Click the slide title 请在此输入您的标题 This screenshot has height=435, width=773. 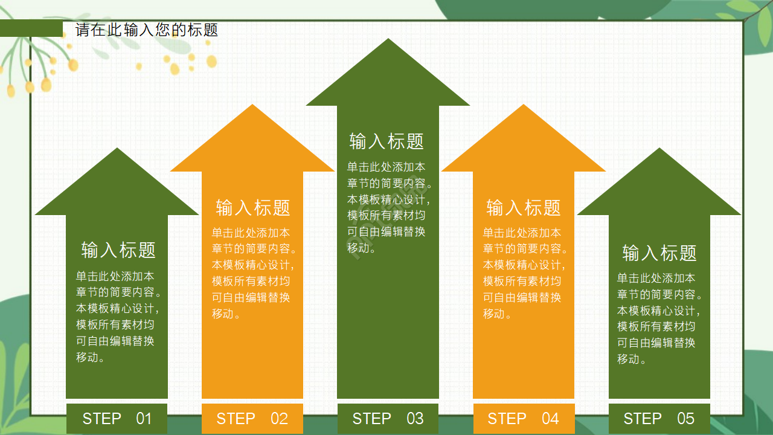pos(147,30)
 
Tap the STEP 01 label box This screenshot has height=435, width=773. pos(117,419)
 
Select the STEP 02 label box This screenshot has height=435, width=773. pos(252,419)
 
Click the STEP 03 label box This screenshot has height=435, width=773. pos(388,419)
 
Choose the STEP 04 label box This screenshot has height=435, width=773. pos(524,419)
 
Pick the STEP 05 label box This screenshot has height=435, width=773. pos(659,419)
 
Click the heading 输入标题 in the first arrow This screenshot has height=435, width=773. pos(118,250)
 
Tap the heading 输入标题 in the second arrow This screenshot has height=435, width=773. pos(253,208)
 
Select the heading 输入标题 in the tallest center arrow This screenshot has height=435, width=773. pos(386,141)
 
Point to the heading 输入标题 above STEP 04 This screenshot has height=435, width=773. pos(524,208)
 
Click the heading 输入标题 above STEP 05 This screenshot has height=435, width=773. pos(659,253)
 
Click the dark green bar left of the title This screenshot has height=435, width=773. pos(31,28)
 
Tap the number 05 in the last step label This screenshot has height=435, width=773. pos(685,419)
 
